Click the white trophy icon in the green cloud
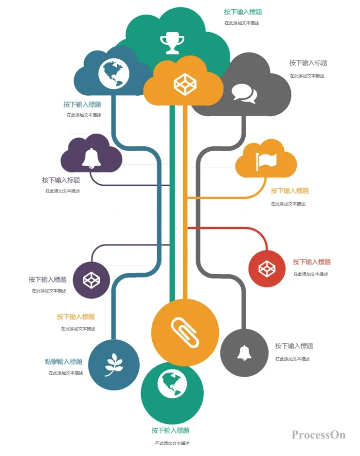point(172,44)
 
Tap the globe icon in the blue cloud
point(114,73)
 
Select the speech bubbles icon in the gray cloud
point(245,94)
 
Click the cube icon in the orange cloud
point(185,84)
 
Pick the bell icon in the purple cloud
point(91,158)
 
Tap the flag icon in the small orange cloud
point(266,161)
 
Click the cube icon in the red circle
point(267,268)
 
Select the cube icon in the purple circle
point(91,280)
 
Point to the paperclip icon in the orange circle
point(185,333)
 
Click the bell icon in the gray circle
point(244,353)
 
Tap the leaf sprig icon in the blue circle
point(113,365)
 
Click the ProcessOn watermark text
point(319,435)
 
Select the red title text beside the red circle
point(312,262)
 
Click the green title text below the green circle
point(171,430)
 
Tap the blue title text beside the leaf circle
point(63,362)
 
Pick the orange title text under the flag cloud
point(289,191)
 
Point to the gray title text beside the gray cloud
point(308,63)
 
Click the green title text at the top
point(243,12)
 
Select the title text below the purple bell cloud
point(61,180)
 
